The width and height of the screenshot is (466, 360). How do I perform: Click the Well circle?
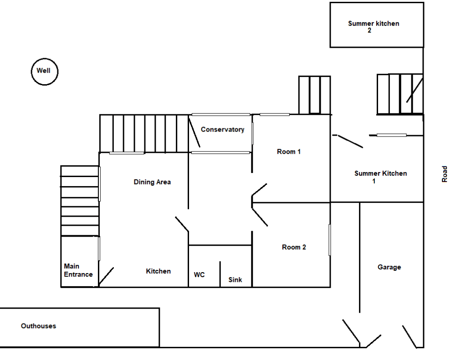click(44, 71)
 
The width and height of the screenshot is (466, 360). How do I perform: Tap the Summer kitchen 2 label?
click(373, 27)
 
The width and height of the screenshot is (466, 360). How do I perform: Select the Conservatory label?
click(222, 130)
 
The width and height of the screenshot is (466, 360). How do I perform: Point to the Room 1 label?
click(289, 152)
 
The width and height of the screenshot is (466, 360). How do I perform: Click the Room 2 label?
click(294, 247)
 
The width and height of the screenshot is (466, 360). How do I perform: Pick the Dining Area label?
click(152, 182)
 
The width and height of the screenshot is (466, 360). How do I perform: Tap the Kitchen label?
click(158, 271)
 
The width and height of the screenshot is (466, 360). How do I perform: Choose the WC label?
click(199, 275)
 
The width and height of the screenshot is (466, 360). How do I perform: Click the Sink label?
click(235, 280)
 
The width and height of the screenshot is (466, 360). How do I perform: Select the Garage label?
click(389, 267)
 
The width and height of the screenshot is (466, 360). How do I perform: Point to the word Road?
click(445, 174)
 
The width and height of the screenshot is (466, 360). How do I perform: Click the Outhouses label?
click(38, 326)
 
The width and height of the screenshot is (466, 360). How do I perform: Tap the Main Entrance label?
click(78, 270)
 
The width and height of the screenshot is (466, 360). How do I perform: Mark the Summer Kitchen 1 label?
click(380, 177)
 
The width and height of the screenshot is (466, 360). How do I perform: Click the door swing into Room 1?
click(259, 189)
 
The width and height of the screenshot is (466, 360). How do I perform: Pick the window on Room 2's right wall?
click(329, 239)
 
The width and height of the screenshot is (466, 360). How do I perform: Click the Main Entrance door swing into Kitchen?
click(106, 277)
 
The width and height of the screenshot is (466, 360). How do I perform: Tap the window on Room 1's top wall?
click(274, 115)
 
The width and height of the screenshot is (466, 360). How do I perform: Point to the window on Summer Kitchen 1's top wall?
click(391, 135)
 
